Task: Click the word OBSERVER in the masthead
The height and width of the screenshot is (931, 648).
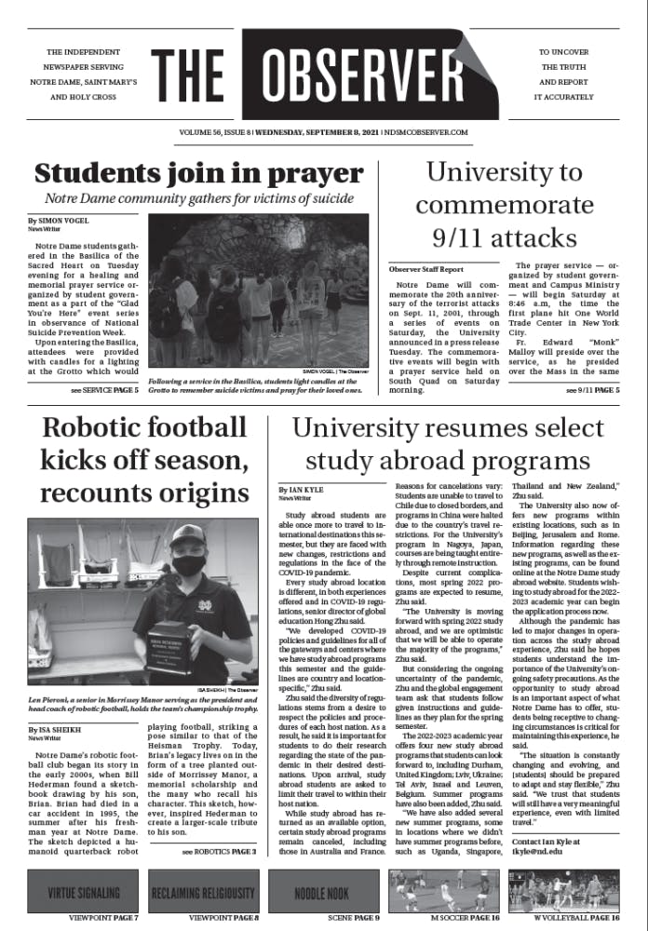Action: [365, 73]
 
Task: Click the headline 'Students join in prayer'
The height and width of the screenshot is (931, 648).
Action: [198, 173]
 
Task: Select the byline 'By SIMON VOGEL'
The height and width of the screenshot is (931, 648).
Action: [61, 222]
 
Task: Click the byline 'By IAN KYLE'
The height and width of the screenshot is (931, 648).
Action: [305, 488]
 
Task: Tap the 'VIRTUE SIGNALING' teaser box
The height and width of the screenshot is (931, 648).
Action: [83, 892]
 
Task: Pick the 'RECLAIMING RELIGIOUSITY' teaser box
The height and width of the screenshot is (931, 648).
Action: [202, 892]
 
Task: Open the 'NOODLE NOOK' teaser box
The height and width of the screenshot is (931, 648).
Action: [323, 892]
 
